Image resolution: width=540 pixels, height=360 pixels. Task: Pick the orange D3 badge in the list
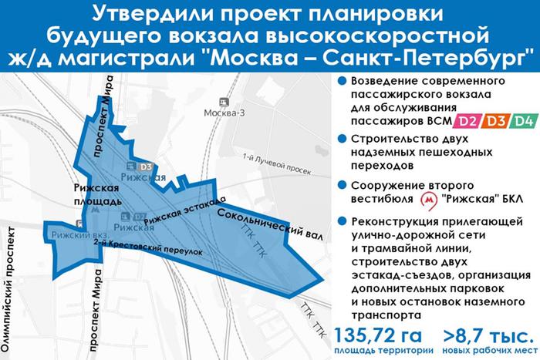(497, 120)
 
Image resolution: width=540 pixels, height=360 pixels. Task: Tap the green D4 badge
(525, 120)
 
